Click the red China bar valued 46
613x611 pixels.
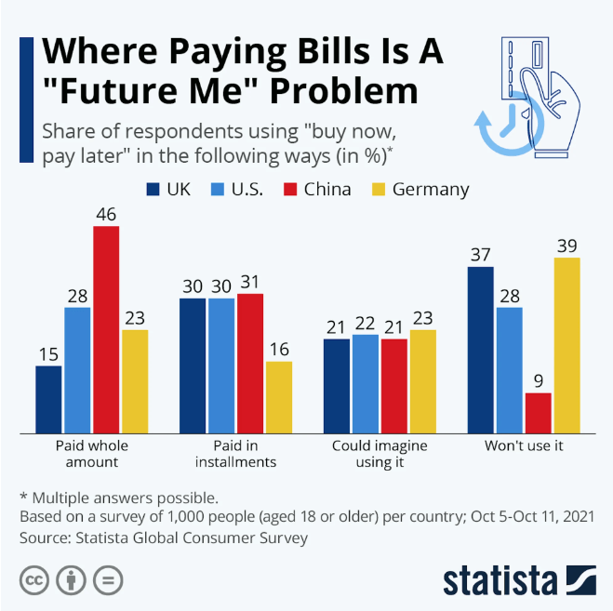point(106,329)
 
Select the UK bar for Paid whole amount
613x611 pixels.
point(48,399)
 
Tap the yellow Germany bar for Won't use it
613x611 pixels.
point(566,345)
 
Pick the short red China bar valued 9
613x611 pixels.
point(538,413)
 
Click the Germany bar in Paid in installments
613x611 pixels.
point(279,397)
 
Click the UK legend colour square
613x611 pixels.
point(153,190)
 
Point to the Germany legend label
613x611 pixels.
point(430,190)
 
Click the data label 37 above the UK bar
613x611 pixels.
point(480,254)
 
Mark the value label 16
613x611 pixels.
point(279,349)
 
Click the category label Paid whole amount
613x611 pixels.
point(92,453)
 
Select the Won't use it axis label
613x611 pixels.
point(524,445)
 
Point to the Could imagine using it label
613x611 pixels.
point(380,453)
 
